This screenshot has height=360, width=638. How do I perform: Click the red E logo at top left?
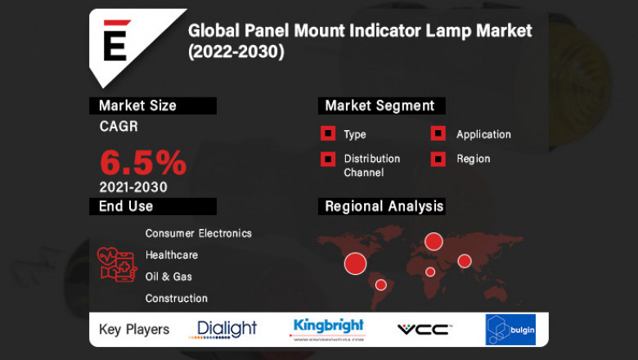click(115, 41)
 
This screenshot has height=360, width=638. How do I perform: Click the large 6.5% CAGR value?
click(143, 163)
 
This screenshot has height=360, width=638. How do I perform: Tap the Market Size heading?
click(137, 106)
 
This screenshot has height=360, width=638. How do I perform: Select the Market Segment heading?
click(380, 106)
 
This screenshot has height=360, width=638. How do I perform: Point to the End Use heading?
click(126, 206)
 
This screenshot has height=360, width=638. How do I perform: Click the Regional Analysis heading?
click(384, 206)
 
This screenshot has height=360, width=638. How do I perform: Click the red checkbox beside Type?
click(328, 134)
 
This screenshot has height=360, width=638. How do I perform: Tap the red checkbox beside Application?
click(438, 134)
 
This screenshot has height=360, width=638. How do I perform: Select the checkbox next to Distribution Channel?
click(328, 159)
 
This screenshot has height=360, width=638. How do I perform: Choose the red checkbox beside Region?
click(438, 159)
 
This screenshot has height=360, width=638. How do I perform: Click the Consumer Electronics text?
click(198, 233)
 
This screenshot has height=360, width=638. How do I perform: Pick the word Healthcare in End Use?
click(172, 255)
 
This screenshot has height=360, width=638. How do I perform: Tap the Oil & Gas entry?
click(168, 277)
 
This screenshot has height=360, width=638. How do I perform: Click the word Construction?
click(177, 299)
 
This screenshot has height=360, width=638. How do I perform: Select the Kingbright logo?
click(329, 329)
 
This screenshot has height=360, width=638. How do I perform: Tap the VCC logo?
click(423, 329)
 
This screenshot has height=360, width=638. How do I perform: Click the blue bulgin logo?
click(510, 330)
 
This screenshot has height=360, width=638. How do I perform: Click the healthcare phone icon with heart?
click(118, 264)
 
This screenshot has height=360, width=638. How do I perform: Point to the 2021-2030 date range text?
click(133, 187)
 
